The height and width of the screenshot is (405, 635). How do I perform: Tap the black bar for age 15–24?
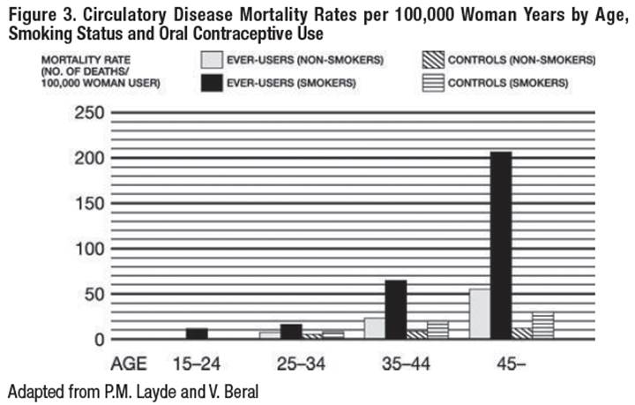coord(198,334)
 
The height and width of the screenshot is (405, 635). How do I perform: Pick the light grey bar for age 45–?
coord(479,313)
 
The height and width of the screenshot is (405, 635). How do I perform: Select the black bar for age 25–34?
coord(290,331)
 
